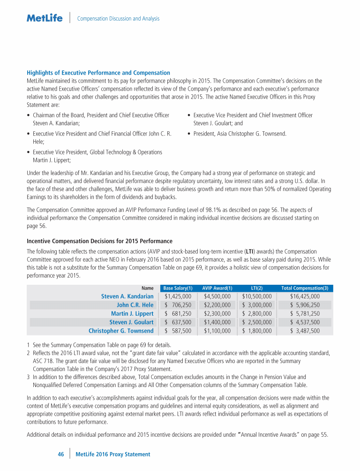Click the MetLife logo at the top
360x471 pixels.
pos(45,18)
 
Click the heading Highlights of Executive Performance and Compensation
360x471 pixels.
pos(98,73)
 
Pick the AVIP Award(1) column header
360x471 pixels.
pos(217,288)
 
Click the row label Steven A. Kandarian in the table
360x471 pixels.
pos(127,296)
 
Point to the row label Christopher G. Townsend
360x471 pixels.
pos(121,331)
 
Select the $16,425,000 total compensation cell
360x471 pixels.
pos(305,296)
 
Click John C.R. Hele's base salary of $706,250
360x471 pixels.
pos(178,305)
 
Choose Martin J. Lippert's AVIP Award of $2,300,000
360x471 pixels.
pos(217,313)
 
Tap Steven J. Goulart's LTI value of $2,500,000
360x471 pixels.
pos(257,322)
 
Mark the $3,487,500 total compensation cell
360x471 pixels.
pos(305,331)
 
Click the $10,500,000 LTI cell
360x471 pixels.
pos(257,296)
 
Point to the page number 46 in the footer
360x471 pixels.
pos(60,454)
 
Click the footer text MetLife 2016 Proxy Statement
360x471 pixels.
pos(113,454)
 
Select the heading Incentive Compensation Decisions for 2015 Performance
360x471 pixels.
pos(100,241)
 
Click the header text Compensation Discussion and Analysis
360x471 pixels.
pos(118,19)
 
